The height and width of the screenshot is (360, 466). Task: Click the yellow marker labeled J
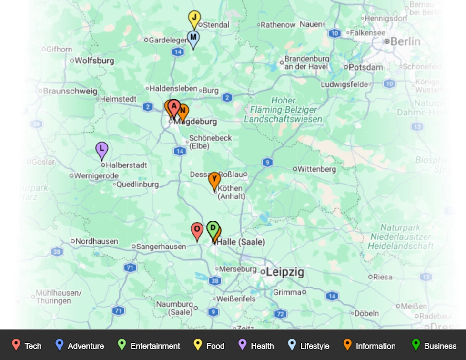194,19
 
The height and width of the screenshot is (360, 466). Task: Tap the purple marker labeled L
101,150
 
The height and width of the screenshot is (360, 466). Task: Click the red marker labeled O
197,230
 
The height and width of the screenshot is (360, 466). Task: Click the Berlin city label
405,41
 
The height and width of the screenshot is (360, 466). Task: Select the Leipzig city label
285,272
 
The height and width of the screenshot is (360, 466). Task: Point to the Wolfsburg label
94,61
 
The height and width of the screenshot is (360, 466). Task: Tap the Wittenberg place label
317,169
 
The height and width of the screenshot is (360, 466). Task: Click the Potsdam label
366,67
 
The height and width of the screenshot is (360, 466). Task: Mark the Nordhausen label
97,241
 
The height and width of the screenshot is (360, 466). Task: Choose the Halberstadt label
126,165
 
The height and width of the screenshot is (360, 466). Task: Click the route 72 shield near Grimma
280,314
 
